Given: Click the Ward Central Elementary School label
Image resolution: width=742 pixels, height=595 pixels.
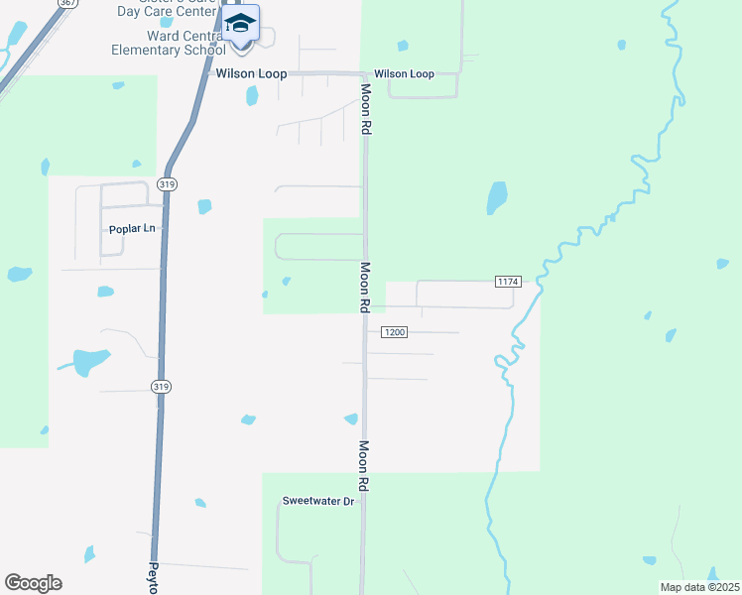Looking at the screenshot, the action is pyautogui.click(x=169, y=43).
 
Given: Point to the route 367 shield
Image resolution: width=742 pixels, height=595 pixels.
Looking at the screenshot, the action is pyautogui.click(x=67, y=3).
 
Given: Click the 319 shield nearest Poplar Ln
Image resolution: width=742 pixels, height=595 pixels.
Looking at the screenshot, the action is pyautogui.click(x=167, y=184).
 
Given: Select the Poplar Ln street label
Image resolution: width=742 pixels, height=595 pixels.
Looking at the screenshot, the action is pyautogui.click(x=133, y=229).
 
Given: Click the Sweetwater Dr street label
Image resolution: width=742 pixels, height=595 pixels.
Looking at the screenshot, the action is pyautogui.click(x=318, y=502).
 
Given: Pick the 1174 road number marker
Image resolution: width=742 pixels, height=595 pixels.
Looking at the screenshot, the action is pyautogui.click(x=507, y=283).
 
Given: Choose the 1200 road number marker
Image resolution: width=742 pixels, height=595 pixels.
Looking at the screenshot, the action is pyautogui.click(x=394, y=332).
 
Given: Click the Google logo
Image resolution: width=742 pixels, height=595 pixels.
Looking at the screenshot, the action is pyautogui.click(x=33, y=583).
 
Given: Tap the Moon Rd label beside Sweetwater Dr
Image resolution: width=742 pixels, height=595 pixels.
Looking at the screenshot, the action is pyautogui.click(x=364, y=467).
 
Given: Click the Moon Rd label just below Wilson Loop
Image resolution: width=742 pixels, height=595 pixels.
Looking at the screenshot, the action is pyautogui.click(x=365, y=110).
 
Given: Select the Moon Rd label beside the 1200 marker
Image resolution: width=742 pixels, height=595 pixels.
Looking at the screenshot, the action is pyautogui.click(x=364, y=288).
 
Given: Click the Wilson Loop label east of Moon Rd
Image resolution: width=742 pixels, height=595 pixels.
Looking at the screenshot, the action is pyautogui.click(x=404, y=74).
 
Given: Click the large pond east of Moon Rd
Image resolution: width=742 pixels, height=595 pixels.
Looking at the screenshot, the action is pyautogui.click(x=496, y=197).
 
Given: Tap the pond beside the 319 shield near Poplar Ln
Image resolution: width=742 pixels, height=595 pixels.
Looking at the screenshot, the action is pyautogui.click(x=204, y=206).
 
